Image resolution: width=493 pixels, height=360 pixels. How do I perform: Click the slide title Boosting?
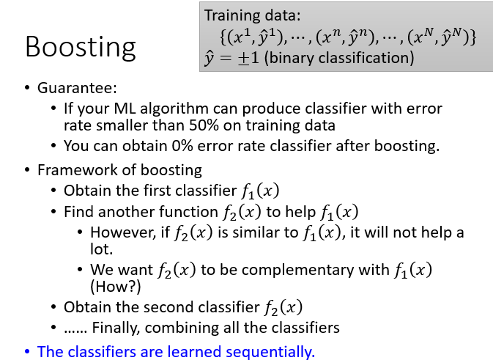[80, 48]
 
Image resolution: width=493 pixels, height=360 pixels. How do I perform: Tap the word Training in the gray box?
[231, 15]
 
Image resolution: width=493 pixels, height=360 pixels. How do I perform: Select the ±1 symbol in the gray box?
[248, 58]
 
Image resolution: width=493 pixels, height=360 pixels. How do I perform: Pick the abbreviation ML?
[125, 109]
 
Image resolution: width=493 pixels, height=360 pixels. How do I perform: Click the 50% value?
[204, 125]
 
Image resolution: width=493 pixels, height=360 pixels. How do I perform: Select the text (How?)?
[116, 287]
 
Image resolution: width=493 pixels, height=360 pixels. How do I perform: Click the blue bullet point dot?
[27, 351]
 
